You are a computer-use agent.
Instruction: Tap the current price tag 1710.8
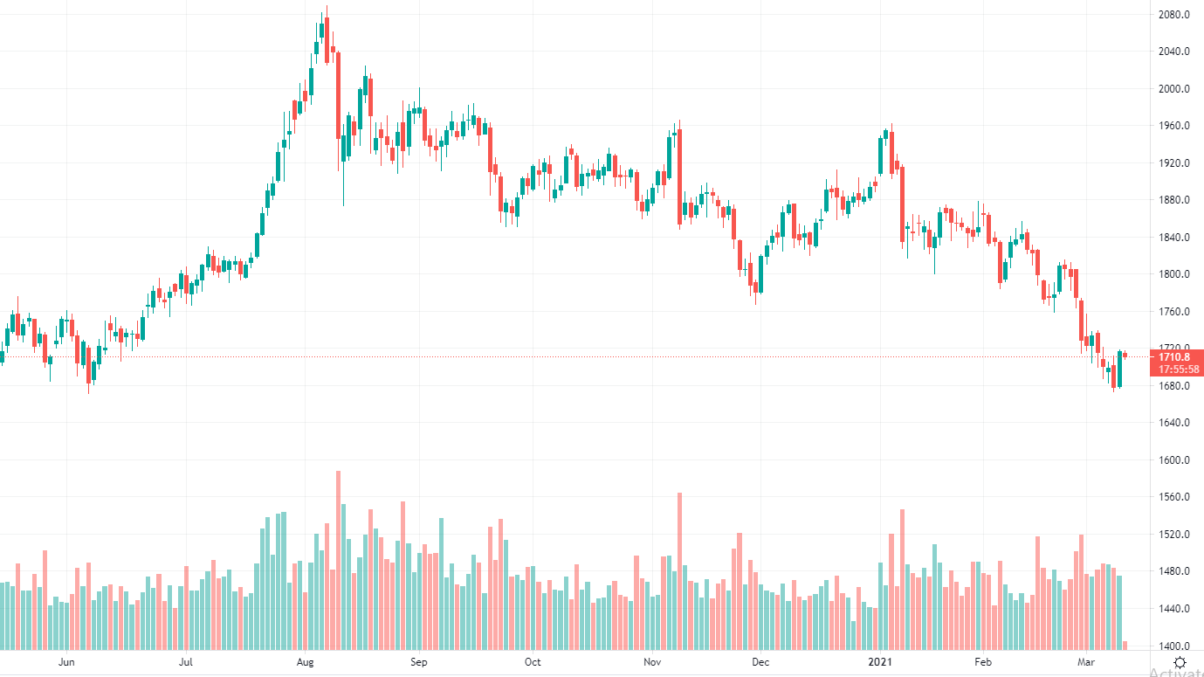(x=1174, y=356)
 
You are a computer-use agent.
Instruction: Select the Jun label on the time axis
(x=66, y=662)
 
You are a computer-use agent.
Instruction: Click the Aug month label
(x=305, y=662)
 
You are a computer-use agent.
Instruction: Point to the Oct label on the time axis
(x=533, y=662)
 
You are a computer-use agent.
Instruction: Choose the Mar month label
(x=1086, y=662)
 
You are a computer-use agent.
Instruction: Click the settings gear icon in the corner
(x=1180, y=662)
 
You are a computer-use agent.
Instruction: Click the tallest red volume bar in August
(x=338, y=559)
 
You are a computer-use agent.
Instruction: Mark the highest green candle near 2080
(x=321, y=31)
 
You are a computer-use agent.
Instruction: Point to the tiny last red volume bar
(x=1125, y=646)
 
